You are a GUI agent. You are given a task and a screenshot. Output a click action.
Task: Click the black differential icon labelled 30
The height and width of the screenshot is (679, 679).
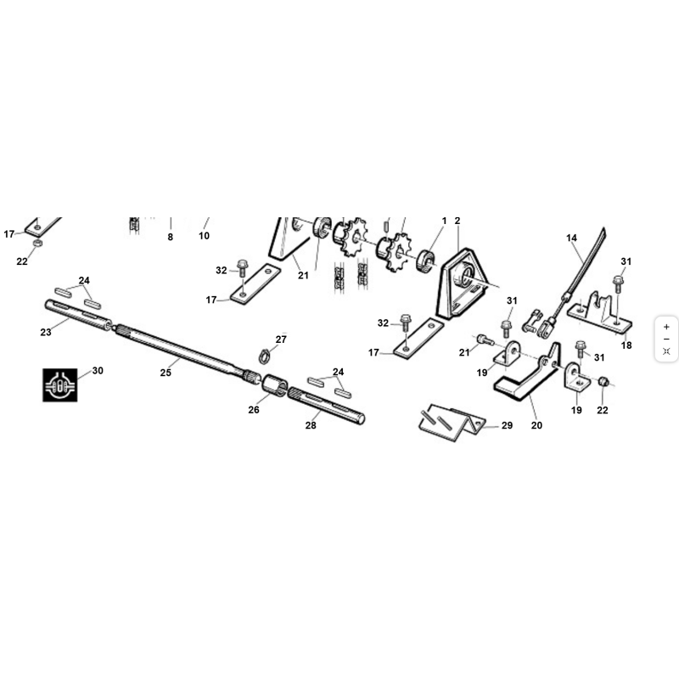click(59, 385)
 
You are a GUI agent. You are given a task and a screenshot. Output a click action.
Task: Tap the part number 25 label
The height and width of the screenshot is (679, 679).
click(166, 373)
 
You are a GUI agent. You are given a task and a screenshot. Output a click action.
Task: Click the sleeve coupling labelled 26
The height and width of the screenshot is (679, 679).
click(275, 385)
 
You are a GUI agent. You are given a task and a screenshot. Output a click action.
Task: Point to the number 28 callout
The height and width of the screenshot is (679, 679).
click(311, 425)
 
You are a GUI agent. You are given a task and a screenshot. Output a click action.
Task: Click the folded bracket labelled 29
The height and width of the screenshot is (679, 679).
click(452, 423)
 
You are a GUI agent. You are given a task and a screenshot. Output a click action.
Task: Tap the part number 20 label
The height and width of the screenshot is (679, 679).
click(536, 425)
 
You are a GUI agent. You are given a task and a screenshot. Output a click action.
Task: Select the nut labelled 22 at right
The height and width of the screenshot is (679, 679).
click(603, 382)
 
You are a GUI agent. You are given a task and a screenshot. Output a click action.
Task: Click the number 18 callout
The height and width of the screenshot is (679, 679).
click(626, 345)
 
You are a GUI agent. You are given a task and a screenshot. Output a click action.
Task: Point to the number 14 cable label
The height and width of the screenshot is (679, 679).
click(571, 238)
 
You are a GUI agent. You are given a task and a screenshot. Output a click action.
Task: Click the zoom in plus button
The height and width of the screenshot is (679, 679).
click(666, 327)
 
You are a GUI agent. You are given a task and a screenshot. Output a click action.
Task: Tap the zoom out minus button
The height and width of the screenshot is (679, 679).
click(666, 339)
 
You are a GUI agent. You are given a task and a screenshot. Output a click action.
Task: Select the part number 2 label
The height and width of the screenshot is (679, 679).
click(457, 221)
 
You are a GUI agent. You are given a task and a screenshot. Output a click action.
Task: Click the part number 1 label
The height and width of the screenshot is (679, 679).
click(444, 221)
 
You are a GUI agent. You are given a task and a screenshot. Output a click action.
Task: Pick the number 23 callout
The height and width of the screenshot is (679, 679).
click(46, 332)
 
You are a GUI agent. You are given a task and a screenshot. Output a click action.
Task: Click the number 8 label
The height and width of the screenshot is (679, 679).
click(171, 237)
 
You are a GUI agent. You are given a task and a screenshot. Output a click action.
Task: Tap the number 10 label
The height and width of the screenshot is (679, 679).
click(204, 236)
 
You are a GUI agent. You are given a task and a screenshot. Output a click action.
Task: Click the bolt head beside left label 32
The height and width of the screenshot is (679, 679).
click(243, 264)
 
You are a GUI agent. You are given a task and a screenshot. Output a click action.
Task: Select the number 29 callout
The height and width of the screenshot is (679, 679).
click(507, 425)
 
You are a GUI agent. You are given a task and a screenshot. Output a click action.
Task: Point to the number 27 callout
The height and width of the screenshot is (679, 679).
click(281, 339)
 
